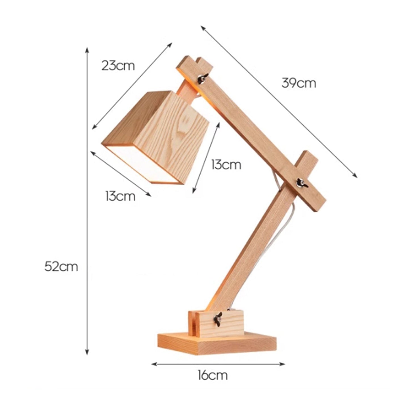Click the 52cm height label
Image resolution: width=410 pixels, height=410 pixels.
(61, 267)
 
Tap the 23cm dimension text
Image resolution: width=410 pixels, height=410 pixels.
(118, 66)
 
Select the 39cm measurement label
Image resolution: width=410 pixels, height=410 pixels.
(299, 83)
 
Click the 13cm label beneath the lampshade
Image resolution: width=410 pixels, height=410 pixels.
(120, 196)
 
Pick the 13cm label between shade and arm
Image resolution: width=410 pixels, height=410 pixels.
(226, 165)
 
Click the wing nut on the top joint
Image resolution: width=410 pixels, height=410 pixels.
(202, 79)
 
